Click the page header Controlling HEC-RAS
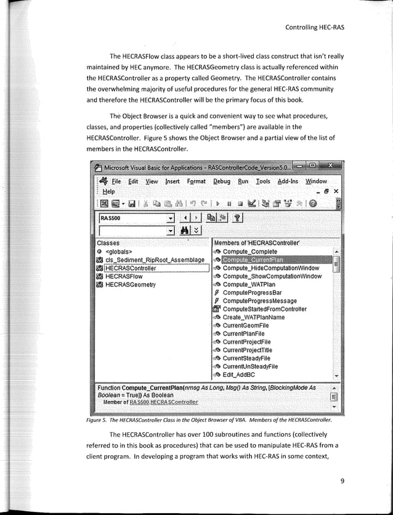[314, 27]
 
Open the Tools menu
[263, 181]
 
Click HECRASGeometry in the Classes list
[131, 285]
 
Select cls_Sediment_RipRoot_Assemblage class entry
[155, 260]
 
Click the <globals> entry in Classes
[119, 252]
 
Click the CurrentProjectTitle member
[254, 350]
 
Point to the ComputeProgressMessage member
[259, 301]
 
